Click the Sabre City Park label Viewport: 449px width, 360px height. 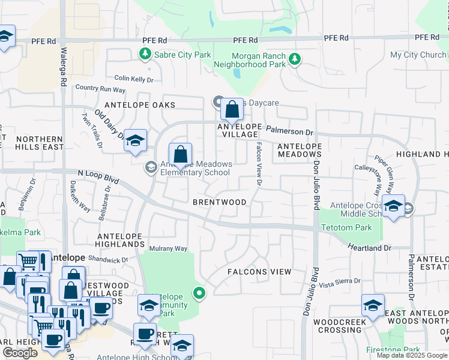[182, 55]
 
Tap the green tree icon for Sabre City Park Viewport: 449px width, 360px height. [145, 55]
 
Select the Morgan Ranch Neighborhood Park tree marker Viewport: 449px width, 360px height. [294, 59]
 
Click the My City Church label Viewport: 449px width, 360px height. [418, 55]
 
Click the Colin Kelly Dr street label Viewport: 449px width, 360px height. [134, 79]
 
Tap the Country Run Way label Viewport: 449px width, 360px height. [100, 89]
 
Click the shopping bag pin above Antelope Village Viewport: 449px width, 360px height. [231, 110]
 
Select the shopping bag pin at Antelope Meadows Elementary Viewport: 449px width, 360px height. [180, 156]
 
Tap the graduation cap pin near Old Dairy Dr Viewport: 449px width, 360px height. [136, 142]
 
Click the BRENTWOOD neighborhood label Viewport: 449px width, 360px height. [219, 202]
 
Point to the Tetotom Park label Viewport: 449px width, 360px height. [346, 227]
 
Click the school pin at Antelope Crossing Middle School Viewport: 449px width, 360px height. [393, 207]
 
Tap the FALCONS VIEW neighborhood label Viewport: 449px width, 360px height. [259, 272]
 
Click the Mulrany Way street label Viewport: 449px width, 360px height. [169, 248]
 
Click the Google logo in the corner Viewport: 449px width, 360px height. [20, 353]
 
